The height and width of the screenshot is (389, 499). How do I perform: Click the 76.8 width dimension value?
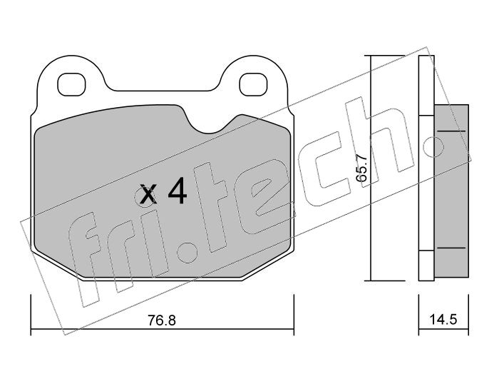(162, 320)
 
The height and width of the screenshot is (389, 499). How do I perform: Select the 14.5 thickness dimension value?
(443, 319)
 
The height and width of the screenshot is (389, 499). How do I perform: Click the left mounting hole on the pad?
(71, 84)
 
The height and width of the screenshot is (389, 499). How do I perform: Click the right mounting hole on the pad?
(253, 84)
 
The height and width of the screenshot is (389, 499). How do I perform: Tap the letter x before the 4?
(148, 194)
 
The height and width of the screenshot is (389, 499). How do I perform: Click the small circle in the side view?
(433, 147)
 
